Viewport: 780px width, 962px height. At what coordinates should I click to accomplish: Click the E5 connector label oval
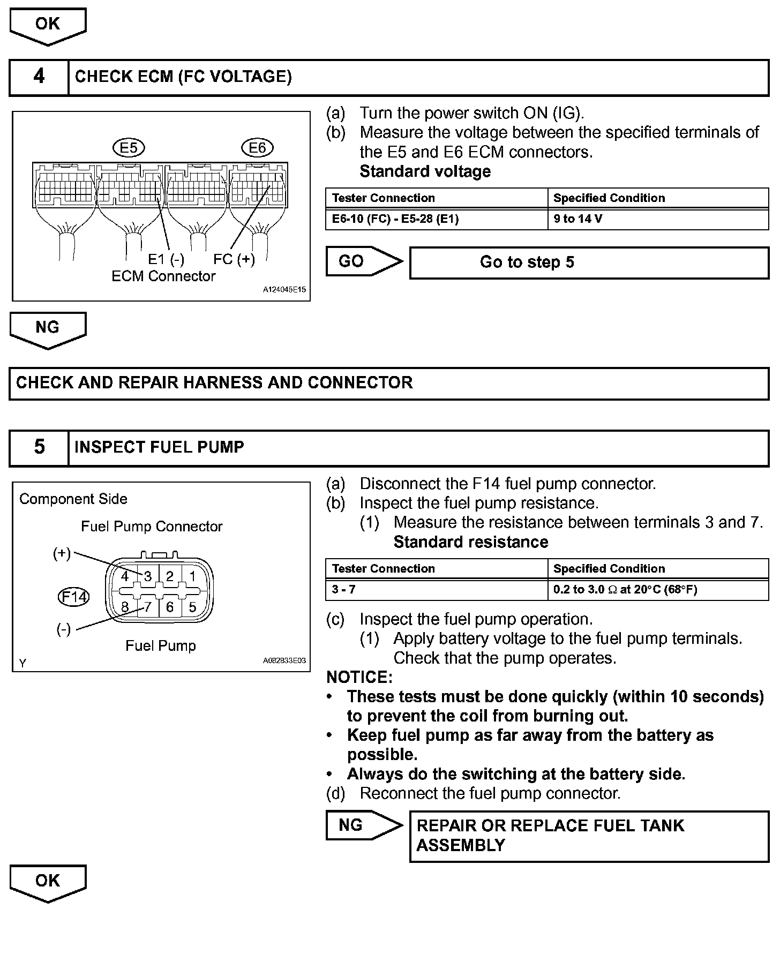coord(129,147)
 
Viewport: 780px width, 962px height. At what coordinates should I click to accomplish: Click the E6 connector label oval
coord(258,147)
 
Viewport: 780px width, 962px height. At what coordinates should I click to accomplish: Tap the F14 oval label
coord(73,597)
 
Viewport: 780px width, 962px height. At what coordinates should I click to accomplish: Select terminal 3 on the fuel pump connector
coord(148,576)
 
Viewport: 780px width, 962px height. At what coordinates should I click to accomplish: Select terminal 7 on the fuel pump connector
coord(148,607)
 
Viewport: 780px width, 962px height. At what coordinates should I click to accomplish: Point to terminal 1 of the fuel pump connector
coord(192,576)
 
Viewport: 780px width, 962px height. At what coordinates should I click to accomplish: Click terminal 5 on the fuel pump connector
coord(192,607)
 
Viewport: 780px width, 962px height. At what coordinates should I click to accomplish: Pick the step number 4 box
coord(39,77)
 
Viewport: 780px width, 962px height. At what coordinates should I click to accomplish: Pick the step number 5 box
coord(39,447)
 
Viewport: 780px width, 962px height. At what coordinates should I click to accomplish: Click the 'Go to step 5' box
coord(589,262)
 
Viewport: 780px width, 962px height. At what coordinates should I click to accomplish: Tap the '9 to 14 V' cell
coord(657,219)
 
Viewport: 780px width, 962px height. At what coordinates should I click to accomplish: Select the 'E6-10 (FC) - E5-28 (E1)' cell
coord(436,219)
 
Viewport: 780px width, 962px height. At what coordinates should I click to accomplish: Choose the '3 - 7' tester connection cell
coord(436,590)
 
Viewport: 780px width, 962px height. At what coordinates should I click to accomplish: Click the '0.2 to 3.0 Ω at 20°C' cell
coord(657,590)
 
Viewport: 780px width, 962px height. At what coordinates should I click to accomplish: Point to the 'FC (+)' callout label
coord(234,259)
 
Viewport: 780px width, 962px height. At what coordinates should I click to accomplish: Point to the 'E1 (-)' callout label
coord(166,259)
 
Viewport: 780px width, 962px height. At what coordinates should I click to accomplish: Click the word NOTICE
coord(359,677)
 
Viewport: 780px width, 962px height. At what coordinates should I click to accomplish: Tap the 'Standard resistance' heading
coord(470,542)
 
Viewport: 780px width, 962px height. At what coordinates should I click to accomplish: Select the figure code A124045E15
coord(284,290)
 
